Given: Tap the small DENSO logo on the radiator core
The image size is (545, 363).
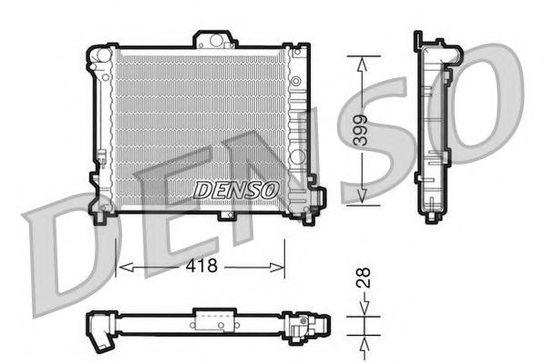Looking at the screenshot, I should pos(235,189).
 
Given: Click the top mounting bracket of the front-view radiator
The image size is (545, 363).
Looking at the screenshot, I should pos(214,39).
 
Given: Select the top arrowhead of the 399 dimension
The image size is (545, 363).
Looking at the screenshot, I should pos(363,61).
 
